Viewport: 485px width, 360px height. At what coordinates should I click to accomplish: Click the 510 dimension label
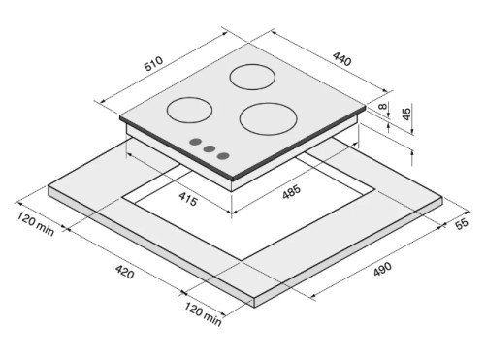pyautogui.click(x=154, y=64)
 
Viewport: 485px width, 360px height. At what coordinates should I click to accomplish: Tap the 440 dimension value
pyautogui.click(x=341, y=59)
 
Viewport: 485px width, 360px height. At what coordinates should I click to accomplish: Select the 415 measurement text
pyautogui.click(x=188, y=199)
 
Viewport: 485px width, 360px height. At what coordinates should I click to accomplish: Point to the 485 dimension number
pyautogui.click(x=291, y=192)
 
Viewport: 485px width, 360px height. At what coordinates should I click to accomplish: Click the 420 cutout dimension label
pyautogui.click(x=125, y=272)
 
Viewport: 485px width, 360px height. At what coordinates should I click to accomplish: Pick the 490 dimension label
pyautogui.click(x=382, y=269)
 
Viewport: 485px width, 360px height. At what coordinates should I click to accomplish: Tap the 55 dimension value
pyautogui.click(x=462, y=223)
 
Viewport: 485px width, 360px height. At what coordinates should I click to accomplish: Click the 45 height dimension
pyautogui.click(x=406, y=113)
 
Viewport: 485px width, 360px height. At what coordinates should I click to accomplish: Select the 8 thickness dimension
pyautogui.click(x=383, y=106)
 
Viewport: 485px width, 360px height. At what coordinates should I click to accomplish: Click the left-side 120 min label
pyautogui.click(x=36, y=224)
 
